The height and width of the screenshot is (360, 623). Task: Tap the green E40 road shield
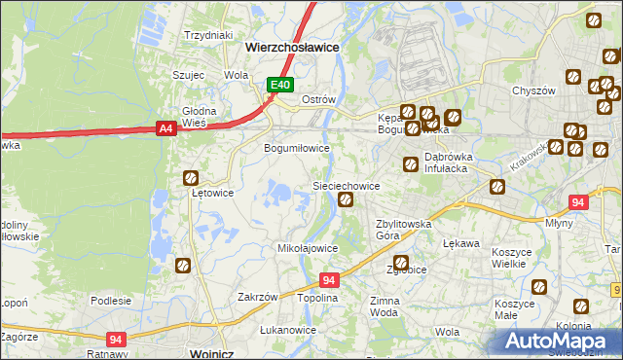(x=280, y=86)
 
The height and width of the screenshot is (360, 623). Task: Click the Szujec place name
(x=188, y=74)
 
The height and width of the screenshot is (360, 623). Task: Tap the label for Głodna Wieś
(x=199, y=117)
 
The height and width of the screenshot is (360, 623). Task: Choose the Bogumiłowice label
(x=298, y=149)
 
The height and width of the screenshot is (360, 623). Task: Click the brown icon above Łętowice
(x=191, y=178)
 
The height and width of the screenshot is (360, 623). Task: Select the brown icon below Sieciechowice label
(x=345, y=200)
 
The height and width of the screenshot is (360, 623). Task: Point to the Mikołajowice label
(x=309, y=248)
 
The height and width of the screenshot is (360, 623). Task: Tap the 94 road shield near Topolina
(x=329, y=280)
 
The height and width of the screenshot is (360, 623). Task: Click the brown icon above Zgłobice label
(x=400, y=262)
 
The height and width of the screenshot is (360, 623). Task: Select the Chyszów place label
(x=532, y=90)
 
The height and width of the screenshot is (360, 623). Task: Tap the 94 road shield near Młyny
(x=578, y=202)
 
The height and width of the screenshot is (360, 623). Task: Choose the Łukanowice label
(x=288, y=330)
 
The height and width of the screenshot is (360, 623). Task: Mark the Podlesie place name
(x=111, y=301)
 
